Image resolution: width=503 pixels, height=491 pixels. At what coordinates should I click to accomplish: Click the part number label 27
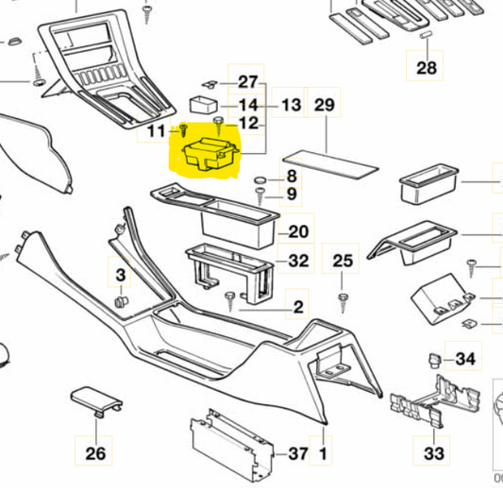pos(247,81)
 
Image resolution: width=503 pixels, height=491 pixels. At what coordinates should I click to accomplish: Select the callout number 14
pos(247,105)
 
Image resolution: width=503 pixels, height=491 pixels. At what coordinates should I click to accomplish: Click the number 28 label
pos(427,67)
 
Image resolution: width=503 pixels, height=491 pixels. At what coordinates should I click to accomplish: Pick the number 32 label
pos(298,261)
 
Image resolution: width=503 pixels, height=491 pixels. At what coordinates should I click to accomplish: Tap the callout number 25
pos(344,261)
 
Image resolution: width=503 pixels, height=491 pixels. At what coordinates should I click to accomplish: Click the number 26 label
pos(96,454)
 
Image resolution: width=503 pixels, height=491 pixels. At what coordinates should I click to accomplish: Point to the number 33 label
pos(434,454)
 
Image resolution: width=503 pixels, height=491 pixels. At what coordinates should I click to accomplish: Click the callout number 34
pos(465,359)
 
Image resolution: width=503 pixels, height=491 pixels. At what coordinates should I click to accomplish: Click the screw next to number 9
pos(260,195)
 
